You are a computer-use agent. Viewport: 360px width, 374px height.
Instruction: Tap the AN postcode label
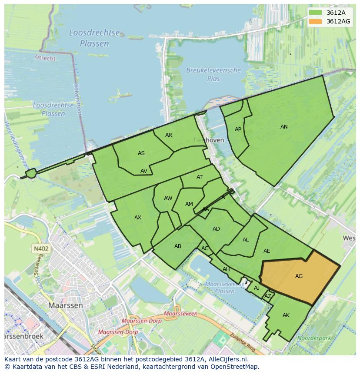tap(284, 127)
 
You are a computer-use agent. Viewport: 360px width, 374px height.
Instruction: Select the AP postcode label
tap(238, 129)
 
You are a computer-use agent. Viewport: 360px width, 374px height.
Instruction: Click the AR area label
tap(169, 135)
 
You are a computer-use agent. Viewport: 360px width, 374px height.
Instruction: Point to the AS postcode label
tap(141, 153)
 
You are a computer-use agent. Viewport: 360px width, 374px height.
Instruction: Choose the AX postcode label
tap(138, 218)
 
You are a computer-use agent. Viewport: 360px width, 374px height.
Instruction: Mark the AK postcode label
tap(286, 315)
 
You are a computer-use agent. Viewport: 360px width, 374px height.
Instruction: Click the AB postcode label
tap(178, 246)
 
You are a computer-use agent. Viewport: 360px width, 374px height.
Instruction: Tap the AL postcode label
tap(246, 240)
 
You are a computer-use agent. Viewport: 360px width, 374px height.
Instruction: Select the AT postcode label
tap(200, 177)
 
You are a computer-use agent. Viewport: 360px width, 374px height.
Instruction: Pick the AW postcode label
tap(168, 199)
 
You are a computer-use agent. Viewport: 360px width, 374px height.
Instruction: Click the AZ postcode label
tap(268, 296)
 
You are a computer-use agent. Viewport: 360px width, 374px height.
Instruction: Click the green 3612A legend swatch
tap(316, 13)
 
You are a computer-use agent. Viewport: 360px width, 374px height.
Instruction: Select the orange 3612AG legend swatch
tap(316, 21)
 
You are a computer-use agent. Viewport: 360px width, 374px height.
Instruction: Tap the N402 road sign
tap(40, 249)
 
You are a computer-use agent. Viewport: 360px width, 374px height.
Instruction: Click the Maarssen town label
tap(66, 305)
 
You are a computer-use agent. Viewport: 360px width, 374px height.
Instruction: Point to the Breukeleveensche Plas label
tap(213, 74)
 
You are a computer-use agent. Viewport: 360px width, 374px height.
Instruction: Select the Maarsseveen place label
tap(181, 313)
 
